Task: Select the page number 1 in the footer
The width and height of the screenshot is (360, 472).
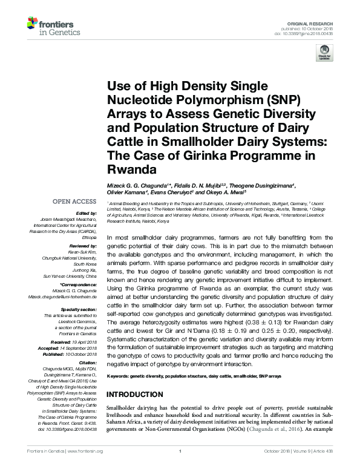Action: pos(180,467)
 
